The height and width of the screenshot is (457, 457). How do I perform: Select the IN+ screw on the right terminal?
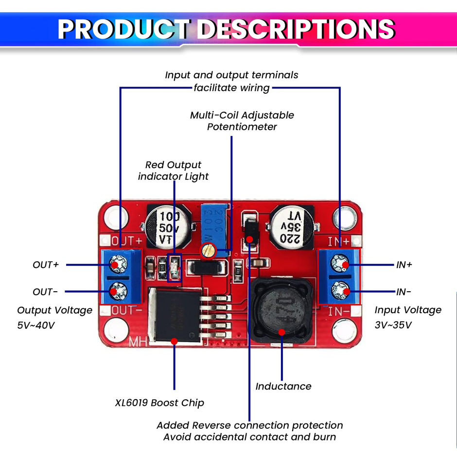(339, 264)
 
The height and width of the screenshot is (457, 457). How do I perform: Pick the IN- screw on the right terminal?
(339, 292)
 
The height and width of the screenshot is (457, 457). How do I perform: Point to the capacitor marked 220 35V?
(292, 226)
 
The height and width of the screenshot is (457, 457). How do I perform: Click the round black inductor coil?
(280, 311)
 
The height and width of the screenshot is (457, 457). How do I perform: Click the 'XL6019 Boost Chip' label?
(159, 403)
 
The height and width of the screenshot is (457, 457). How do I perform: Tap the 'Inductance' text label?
(283, 386)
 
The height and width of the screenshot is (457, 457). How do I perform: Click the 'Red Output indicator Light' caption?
(173, 171)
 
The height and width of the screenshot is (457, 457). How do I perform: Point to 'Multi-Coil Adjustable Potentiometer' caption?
(242, 121)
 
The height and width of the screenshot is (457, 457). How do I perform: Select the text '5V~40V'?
(36, 324)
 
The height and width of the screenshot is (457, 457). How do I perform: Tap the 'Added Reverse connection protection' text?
(249, 425)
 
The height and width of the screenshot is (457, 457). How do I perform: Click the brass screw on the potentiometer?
(209, 250)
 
